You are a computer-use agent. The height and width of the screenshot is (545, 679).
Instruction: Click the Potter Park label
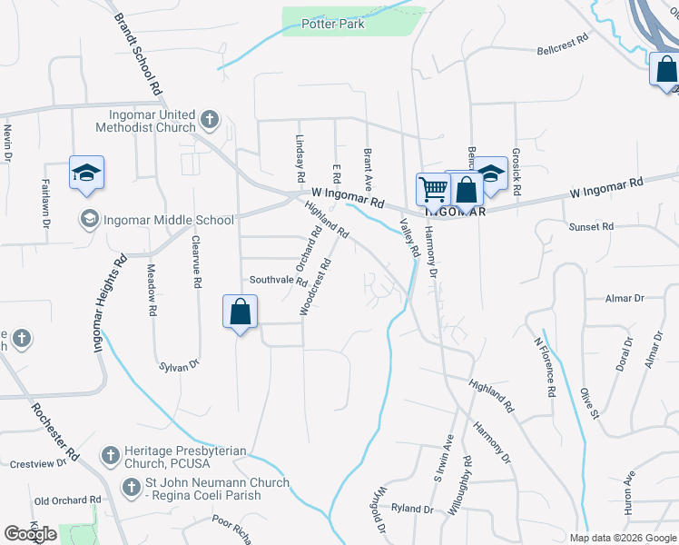334,25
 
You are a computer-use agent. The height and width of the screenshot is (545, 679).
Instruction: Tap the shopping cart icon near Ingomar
433,189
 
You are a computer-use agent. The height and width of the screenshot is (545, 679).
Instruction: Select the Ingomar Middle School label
169,219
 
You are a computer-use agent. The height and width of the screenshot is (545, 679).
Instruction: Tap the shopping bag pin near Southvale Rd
241,312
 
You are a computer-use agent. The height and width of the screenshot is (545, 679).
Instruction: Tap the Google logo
30,534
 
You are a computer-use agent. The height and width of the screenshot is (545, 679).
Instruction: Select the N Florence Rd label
543,368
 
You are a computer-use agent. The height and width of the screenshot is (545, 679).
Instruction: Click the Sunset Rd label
591,227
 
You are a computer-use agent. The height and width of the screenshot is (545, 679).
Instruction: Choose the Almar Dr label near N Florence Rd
625,297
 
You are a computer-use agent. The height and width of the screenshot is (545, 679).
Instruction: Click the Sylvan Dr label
179,365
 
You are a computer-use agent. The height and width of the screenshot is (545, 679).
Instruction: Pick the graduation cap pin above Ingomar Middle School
86,173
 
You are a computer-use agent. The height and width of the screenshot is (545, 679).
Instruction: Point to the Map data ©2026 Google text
622,538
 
